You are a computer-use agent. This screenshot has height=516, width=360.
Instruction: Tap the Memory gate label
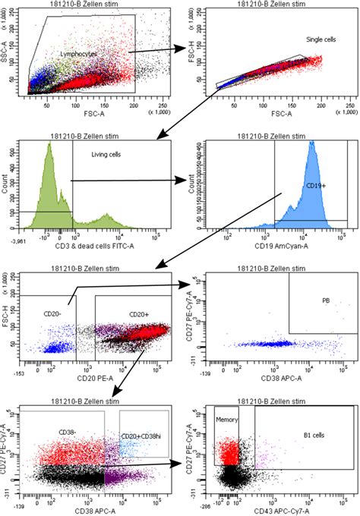point(227,418)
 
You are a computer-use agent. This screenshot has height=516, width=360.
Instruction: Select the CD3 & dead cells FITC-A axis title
point(90,244)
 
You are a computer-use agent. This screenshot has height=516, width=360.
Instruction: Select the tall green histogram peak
point(49,152)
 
